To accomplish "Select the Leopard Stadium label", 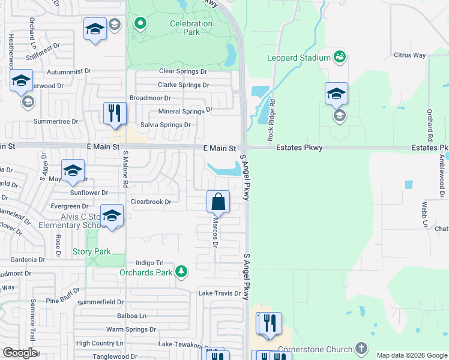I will tap(299, 58).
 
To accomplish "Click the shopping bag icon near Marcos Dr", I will tap(218, 202).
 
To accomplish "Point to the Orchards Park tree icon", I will tap(181, 272).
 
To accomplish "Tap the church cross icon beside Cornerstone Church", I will tap(361, 347).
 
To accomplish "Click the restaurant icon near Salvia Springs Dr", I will tap(115, 113).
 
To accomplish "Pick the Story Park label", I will tap(92, 252).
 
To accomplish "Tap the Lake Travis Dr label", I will tap(219, 293).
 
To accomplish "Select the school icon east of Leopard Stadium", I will tap(336, 94).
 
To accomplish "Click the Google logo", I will tap(20, 353).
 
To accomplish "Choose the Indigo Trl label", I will tap(149, 263).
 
